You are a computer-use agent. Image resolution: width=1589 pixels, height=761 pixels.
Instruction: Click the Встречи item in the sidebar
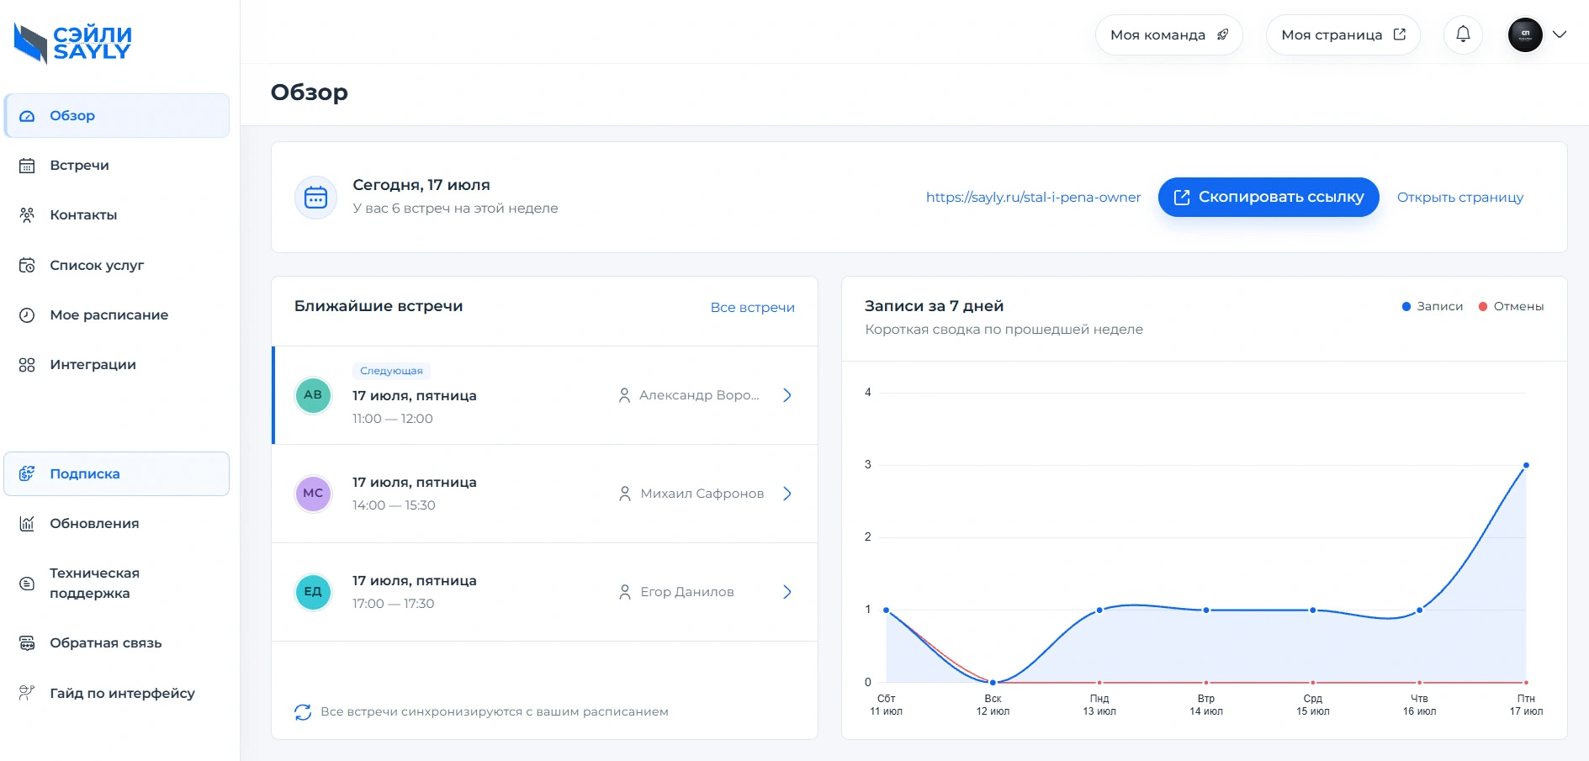[x=79, y=166]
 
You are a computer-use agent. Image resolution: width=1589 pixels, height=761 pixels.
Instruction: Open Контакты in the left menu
[x=83, y=215]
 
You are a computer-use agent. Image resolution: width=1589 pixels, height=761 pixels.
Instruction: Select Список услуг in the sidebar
[x=97, y=266]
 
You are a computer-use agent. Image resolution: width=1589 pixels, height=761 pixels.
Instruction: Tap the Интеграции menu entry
[x=93, y=365]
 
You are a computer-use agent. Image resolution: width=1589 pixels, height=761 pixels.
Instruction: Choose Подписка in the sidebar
[x=84, y=474]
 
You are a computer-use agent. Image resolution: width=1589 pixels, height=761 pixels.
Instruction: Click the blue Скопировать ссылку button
[x=1269, y=197]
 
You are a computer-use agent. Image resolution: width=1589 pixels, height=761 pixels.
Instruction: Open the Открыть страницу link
[x=1460, y=198]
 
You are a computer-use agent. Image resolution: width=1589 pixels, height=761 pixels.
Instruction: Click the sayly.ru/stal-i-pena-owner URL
[x=1033, y=198]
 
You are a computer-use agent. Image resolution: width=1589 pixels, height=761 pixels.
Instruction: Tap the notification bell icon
[x=1464, y=34]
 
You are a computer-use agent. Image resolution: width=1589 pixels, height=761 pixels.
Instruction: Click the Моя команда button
[x=1169, y=35]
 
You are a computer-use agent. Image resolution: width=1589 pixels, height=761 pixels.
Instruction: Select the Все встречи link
[x=752, y=308]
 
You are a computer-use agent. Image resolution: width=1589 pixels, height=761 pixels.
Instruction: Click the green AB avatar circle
[x=313, y=395]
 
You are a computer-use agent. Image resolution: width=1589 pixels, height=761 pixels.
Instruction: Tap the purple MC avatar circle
[x=313, y=494]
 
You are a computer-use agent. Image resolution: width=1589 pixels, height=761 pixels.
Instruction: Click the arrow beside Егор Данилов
[x=787, y=592]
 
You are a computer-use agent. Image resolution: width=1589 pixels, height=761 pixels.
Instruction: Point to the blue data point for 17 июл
[x=1526, y=465]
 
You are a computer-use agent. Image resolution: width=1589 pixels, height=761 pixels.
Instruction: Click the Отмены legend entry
[x=1512, y=307]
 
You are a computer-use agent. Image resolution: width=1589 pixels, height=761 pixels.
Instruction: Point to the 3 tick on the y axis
[x=868, y=465]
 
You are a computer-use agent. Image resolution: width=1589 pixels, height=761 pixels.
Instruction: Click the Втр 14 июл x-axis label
[x=1206, y=706]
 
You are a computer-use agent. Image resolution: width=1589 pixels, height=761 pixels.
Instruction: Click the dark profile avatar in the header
[x=1525, y=35]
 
